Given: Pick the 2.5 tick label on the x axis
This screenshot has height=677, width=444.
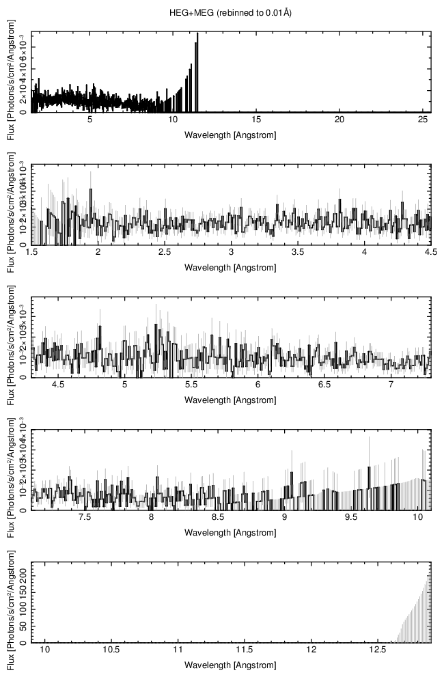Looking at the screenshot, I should click(x=165, y=252).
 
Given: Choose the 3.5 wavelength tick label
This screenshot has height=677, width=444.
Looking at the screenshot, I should click(x=298, y=252).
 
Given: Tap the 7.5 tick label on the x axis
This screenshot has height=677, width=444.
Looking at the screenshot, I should click(x=85, y=518).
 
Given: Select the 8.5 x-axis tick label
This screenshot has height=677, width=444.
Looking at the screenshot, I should click(x=218, y=518).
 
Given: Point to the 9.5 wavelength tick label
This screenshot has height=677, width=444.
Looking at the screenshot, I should click(x=351, y=518).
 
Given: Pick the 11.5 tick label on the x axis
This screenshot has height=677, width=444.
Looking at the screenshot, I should click(x=245, y=650).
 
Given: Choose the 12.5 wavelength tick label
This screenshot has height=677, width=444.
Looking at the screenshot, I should click(x=378, y=650).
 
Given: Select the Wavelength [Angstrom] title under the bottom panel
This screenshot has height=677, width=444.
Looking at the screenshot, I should click(x=231, y=665).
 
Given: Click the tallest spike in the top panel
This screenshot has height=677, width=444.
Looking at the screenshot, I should click(x=197, y=34).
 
